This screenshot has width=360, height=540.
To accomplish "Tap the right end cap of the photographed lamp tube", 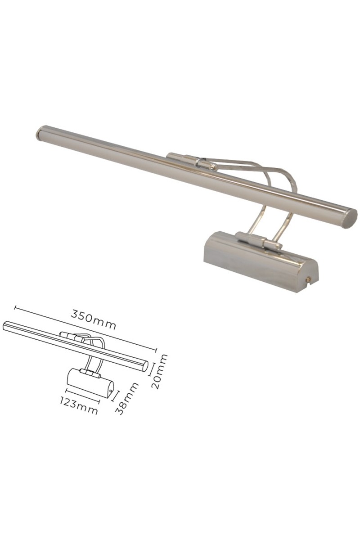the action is (352, 218).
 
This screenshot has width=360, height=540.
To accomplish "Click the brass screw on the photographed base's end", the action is (308, 279).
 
